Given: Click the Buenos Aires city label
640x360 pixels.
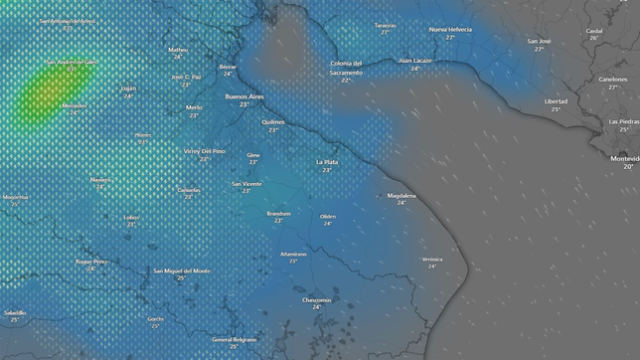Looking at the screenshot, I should (x=243, y=96).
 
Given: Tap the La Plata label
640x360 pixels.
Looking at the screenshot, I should (x=327, y=162).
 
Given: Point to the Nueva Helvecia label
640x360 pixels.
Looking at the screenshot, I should (x=450, y=30).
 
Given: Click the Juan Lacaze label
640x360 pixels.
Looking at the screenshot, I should (x=415, y=61).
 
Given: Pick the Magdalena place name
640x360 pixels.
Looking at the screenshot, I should (x=401, y=195).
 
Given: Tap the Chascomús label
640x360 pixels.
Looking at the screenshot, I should (x=317, y=299).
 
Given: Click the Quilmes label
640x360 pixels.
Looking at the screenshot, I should (x=273, y=122).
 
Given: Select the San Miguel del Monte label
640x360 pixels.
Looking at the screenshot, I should (x=182, y=270).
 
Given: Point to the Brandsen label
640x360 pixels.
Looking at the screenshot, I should (x=278, y=213).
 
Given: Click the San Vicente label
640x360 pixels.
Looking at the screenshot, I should (x=246, y=183).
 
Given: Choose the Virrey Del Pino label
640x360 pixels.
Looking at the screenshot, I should (x=205, y=151).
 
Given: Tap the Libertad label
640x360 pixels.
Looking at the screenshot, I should (x=557, y=101).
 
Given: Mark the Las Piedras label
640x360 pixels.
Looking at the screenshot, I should (x=625, y=121).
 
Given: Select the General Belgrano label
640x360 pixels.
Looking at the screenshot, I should (x=234, y=339).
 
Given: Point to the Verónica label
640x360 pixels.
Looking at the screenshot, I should (x=432, y=259).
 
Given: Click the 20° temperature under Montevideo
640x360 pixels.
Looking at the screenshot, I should (x=628, y=167).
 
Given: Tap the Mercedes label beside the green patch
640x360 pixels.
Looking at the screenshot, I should (x=75, y=105).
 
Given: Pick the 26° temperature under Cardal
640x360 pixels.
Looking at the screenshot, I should (x=594, y=38).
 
